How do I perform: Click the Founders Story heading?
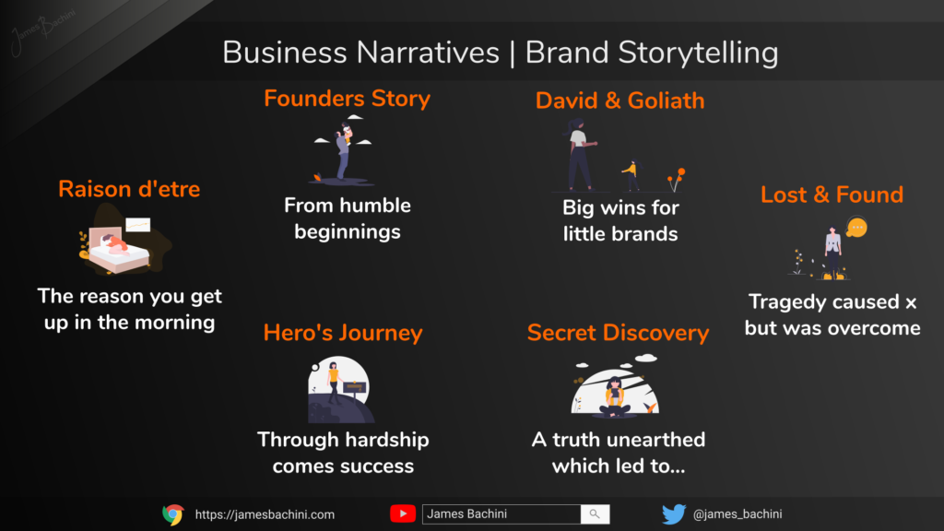click(347, 99)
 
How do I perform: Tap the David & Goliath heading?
click(619, 100)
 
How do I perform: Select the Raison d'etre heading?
click(129, 189)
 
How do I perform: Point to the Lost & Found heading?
click(832, 195)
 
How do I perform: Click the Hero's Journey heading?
click(343, 333)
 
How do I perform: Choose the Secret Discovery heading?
click(618, 333)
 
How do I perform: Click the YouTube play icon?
click(403, 513)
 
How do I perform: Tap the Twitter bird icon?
click(674, 514)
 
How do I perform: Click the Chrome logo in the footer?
click(172, 514)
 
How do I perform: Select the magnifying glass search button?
click(595, 513)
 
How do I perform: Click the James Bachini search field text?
click(466, 513)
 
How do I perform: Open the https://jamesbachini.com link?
click(265, 514)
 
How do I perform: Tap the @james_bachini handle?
click(737, 514)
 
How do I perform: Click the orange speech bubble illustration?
click(856, 228)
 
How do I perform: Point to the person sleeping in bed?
click(114, 243)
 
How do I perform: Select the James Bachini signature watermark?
click(42, 29)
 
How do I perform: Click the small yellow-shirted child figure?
click(631, 174)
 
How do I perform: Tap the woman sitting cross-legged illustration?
click(615, 397)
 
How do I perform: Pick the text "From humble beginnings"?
click(348, 218)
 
